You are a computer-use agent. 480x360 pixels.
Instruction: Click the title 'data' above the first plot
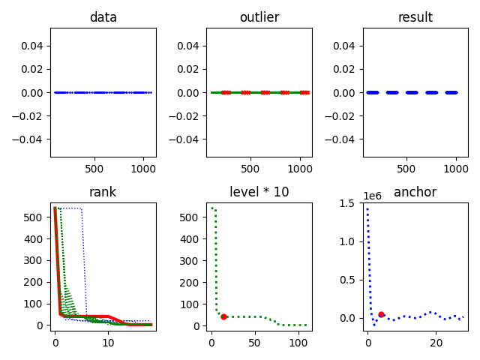tap(103, 17)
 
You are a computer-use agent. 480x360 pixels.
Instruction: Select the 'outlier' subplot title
tap(259, 17)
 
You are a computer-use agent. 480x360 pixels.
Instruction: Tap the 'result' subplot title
tap(415, 17)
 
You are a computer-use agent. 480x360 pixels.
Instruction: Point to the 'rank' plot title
tap(103, 192)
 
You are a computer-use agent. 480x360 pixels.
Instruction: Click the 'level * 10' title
tap(259, 192)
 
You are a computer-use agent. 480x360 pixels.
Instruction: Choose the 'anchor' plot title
tap(415, 192)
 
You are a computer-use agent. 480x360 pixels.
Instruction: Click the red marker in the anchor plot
tap(381, 314)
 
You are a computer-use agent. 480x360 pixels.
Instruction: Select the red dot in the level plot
tap(223, 316)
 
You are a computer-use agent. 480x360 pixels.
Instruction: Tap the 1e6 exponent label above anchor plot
tap(373, 196)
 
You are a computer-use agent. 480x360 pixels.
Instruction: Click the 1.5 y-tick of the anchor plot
tap(348, 203)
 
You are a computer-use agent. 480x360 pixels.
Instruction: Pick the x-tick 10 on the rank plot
tap(108, 343)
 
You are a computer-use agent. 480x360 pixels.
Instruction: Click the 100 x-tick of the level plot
tap(298, 343)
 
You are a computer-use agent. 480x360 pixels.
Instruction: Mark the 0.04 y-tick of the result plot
tap(346, 46)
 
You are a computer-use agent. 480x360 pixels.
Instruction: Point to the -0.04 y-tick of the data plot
tap(31, 139)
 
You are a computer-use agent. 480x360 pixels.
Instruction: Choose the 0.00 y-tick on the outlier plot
tap(190, 93)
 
